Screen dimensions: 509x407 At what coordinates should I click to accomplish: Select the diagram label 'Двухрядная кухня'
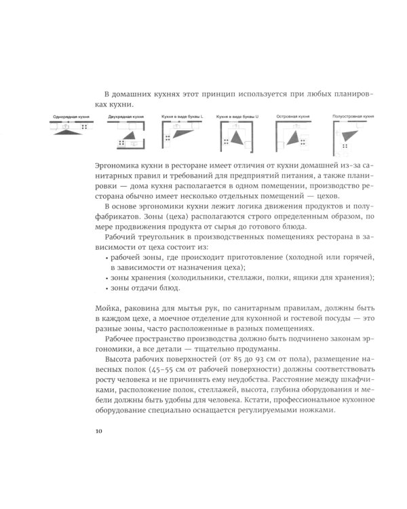pos(125,117)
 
